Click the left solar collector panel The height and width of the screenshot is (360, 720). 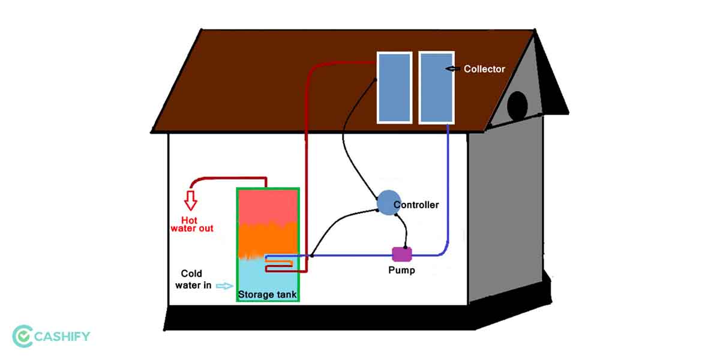pyautogui.click(x=394, y=86)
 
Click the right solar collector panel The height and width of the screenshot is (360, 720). pyautogui.click(x=436, y=86)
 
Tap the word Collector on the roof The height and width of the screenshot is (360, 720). pyautogui.click(x=484, y=69)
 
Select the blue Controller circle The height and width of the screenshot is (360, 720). pyautogui.click(x=388, y=203)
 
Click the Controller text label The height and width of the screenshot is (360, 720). pyautogui.click(x=416, y=205)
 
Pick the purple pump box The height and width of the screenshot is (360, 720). pyautogui.click(x=401, y=254)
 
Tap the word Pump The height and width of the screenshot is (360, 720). pyautogui.click(x=401, y=271)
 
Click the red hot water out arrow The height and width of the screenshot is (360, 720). pyautogui.click(x=191, y=199)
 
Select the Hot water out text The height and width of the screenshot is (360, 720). pyautogui.click(x=191, y=224)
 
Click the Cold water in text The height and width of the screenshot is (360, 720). pyautogui.click(x=194, y=280)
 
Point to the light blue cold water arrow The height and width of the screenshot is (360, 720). pyautogui.click(x=224, y=286)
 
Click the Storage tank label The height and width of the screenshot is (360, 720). pyautogui.click(x=267, y=295)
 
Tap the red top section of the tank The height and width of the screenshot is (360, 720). pyautogui.click(x=268, y=206)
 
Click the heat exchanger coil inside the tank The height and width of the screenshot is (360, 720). pyautogui.click(x=280, y=264)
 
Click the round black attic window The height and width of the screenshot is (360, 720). pyautogui.click(x=517, y=106)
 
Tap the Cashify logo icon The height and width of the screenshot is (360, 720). pyautogui.click(x=23, y=337)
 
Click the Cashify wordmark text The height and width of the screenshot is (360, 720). pyautogui.click(x=62, y=337)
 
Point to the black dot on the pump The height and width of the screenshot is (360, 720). pyautogui.click(x=406, y=247)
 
